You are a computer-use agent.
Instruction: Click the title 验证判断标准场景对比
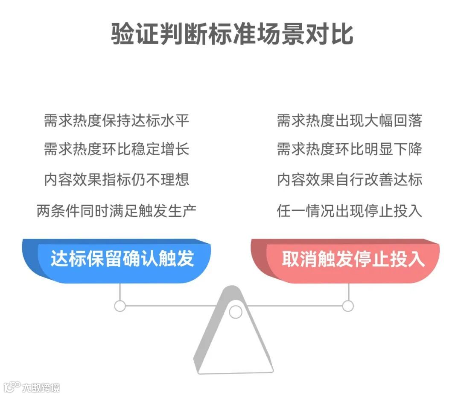(232, 34)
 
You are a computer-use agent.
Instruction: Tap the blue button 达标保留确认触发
(122, 259)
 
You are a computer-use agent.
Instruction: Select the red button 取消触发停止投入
(353, 259)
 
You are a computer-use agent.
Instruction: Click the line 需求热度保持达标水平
(117, 121)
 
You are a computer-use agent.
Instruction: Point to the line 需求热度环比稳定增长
(117, 149)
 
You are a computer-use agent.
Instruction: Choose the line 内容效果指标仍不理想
(117, 180)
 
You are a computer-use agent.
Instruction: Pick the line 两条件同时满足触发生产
(117, 210)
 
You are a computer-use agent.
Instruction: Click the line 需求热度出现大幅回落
(349, 121)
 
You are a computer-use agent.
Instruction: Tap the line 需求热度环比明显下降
(349, 149)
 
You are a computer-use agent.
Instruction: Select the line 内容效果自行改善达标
(349, 180)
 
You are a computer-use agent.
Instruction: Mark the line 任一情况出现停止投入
(349, 210)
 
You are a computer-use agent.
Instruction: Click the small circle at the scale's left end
(120, 306)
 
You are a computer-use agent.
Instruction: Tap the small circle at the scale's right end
(348, 306)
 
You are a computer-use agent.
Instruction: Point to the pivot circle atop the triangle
(235, 312)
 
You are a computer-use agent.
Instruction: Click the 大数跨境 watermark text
(41, 387)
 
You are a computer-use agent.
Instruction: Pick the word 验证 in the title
(127, 34)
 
